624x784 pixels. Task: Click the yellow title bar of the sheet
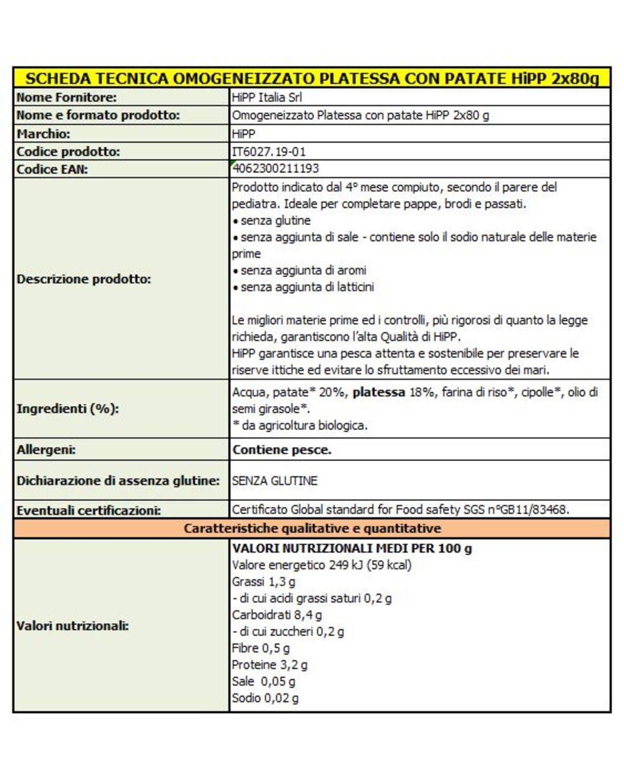pos(312,78)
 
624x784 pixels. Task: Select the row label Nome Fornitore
pos(67,97)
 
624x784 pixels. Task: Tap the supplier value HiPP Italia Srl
pos(267,97)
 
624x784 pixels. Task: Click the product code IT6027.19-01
pos(269,152)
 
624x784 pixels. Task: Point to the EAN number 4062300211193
pos(275,169)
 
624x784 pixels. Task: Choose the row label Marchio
pos(43,134)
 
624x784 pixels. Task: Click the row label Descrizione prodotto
pos(84,279)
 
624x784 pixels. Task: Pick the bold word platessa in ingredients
pos(379,393)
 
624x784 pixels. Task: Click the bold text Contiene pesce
pos(281,450)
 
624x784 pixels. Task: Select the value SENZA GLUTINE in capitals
pos(275,481)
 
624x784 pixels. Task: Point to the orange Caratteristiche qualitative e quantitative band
pos(312,528)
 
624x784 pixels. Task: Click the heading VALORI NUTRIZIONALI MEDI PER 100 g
pos(352,549)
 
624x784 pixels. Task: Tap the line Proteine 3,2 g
pos(270,665)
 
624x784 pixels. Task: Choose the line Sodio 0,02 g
pos(266,698)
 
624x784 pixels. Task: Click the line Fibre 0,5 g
pos(261,648)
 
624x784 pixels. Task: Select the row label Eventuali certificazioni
pos(89,511)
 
